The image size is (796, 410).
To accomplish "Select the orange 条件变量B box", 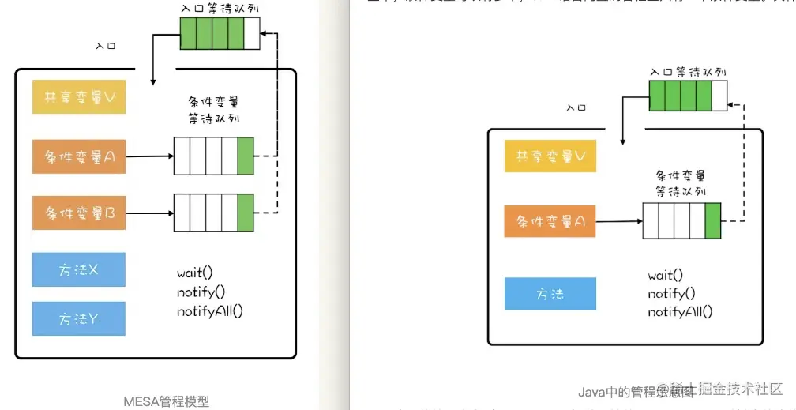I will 79,212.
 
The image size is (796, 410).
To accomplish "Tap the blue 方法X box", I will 79,270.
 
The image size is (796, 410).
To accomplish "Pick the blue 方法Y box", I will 79,318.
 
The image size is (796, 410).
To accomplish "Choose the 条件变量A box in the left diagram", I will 79,156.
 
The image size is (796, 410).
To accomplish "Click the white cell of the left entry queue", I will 252,33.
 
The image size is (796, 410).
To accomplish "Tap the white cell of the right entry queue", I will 719,96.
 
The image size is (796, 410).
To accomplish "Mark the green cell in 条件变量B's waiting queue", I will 245,213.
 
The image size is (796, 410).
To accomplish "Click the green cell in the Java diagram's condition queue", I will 713,221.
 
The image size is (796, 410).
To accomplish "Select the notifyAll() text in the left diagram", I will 210,310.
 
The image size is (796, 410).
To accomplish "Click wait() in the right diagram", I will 666,275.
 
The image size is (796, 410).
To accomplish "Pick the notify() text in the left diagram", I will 201,292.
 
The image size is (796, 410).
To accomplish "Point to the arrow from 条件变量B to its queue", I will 150,213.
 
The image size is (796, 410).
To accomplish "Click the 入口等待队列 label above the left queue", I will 212,8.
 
